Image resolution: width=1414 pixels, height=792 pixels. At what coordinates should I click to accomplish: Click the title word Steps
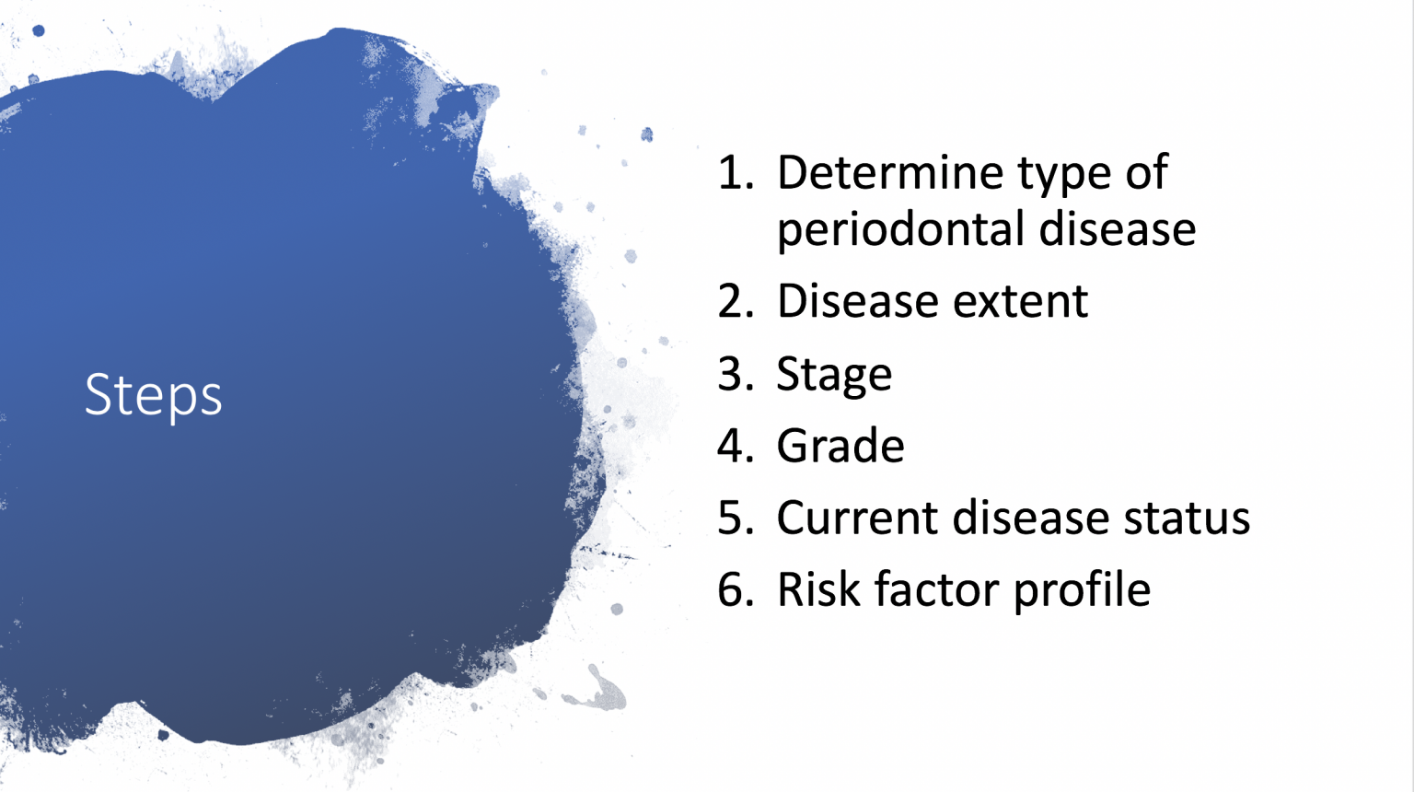coord(153,395)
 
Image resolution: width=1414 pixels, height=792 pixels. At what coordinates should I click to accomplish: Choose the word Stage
coord(834,375)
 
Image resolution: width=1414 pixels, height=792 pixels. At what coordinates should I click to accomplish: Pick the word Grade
coord(840,446)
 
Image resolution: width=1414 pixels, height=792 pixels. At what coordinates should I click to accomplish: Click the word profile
coord(1082,590)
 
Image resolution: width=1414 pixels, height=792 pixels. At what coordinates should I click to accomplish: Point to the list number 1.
coord(734,173)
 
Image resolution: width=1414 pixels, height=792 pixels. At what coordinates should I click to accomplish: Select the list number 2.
coord(735,301)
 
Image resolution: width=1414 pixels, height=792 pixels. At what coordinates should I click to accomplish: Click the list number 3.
coord(735,374)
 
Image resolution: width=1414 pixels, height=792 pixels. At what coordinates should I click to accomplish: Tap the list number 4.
coord(735,446)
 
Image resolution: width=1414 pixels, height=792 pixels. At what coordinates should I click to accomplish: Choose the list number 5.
coord(735,518)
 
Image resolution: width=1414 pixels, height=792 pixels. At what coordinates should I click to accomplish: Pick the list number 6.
coord(735,589)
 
